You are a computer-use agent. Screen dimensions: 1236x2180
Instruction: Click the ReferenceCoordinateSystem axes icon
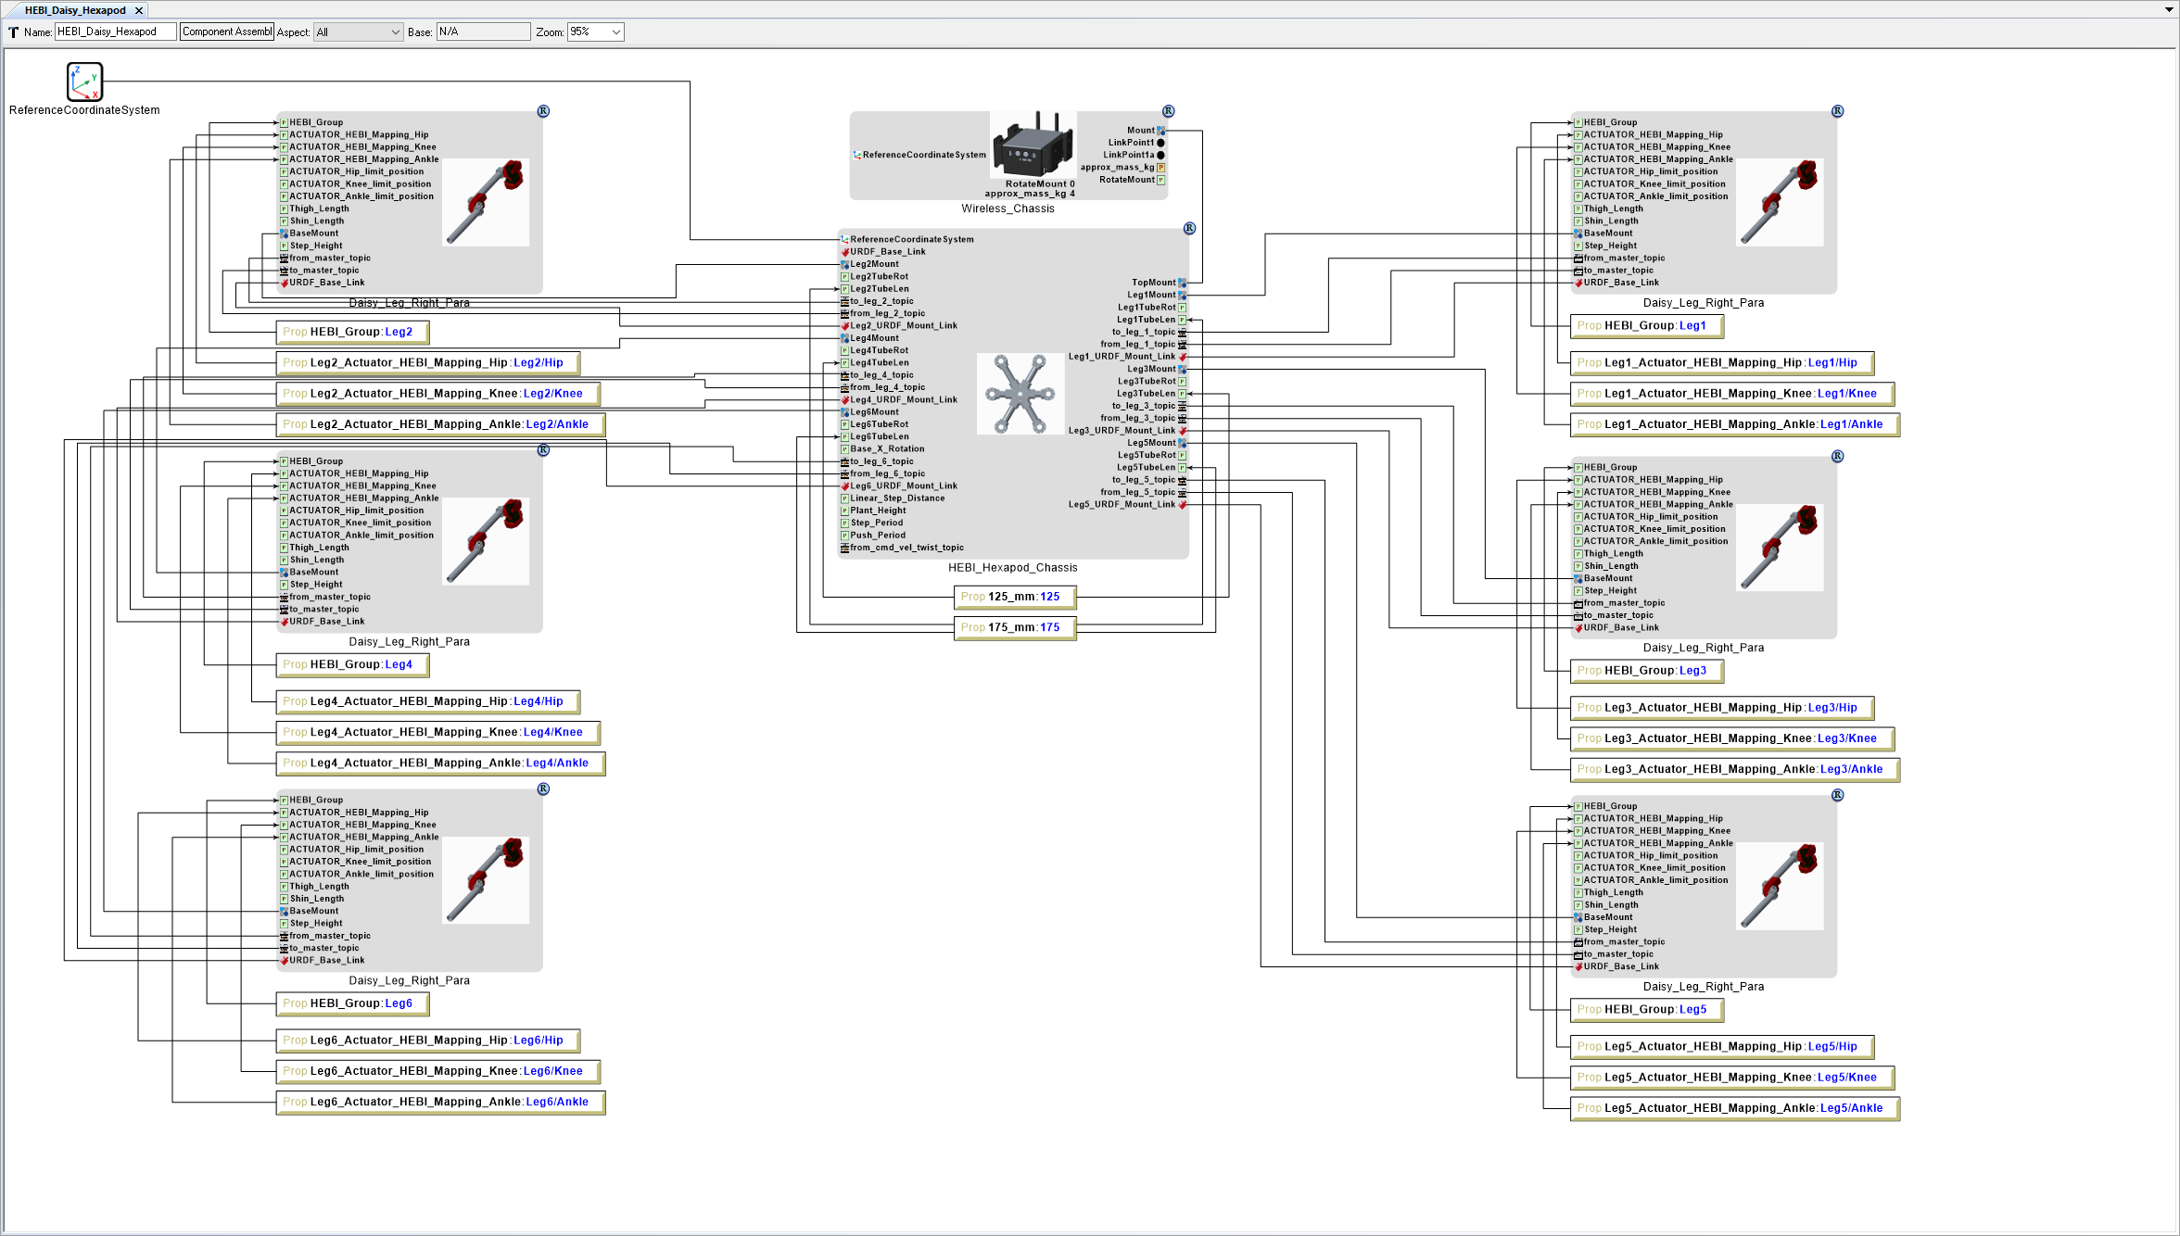(84, 82)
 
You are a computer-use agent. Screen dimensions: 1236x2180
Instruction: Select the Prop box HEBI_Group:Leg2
(351, 332)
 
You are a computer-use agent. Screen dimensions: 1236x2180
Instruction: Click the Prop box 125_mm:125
(1014, 597)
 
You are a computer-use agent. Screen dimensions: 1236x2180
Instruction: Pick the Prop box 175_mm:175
(1014, 627)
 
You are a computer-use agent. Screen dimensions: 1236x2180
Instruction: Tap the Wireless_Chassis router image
(1033, 145)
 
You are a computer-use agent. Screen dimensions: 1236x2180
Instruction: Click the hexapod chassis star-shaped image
(1020, 394)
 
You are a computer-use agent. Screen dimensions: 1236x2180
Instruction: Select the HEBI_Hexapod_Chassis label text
(1012, 568)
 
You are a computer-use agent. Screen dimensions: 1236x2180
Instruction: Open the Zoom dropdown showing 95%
(595, 32)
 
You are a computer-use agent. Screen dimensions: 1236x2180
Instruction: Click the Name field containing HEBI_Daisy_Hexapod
(115, 32)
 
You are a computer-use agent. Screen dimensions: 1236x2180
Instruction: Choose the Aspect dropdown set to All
(358, 32)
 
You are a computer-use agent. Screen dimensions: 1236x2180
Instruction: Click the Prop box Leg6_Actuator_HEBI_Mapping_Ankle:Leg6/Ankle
(440, 1102)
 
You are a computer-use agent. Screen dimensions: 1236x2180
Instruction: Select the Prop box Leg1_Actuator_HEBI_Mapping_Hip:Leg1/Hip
(1721, 363)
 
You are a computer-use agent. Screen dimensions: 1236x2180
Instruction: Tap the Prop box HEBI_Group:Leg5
(1646, 1010)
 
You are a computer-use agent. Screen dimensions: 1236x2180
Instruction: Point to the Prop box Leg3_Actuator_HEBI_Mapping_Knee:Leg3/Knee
(1731, 738)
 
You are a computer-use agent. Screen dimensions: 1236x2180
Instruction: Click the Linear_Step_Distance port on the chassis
(897, 498)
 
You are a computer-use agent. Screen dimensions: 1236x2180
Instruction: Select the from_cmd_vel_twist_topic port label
(906, 548)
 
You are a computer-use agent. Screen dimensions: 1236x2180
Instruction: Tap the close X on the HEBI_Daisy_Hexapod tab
(139, 10)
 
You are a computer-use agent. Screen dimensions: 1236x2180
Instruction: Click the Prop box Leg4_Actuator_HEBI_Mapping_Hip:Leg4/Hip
(427, 701)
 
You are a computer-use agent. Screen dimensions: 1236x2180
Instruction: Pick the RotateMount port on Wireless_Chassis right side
(1127, 180)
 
